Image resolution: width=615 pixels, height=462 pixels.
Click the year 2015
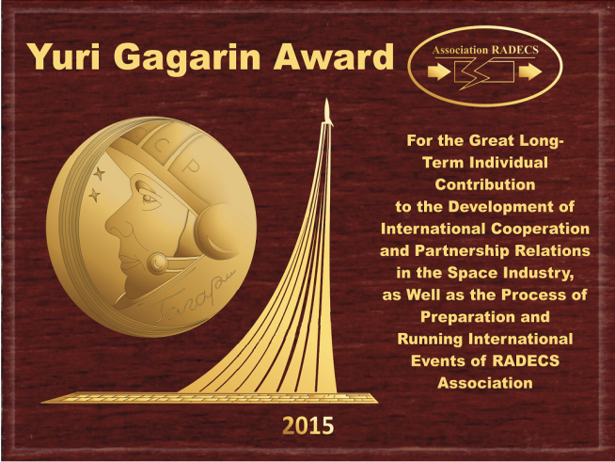[x=307, y=425]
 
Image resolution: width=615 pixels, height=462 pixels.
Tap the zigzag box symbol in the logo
[x=484, y=74]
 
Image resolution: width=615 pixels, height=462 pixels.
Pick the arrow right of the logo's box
[x=530, y=73]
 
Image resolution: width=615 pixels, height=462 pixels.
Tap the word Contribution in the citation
[x=485, y=184]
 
